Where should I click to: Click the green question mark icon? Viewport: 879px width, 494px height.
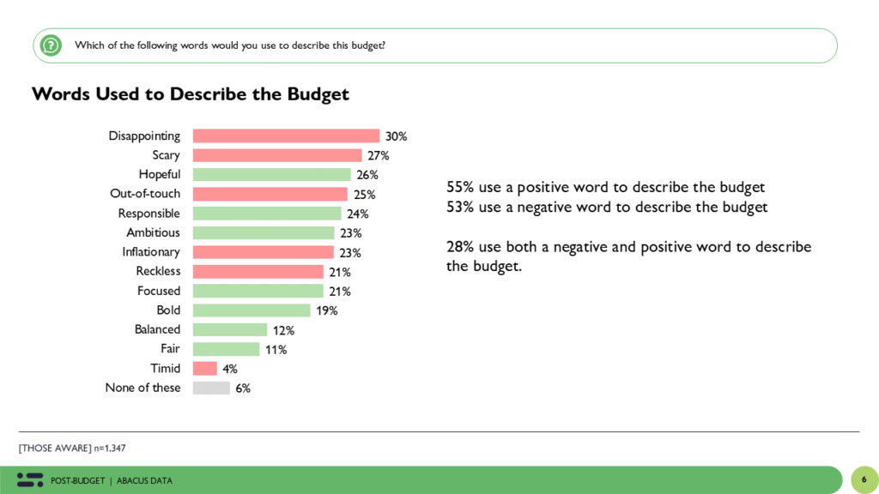51,45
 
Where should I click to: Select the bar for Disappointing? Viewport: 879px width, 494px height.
286,136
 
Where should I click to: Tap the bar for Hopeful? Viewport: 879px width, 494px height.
272,174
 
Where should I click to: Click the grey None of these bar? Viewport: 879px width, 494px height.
211,388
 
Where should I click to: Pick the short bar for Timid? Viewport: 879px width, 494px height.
204,368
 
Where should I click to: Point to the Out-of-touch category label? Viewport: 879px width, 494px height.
145,194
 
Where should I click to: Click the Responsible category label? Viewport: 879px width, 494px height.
149,214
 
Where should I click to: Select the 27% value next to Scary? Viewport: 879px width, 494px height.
379,155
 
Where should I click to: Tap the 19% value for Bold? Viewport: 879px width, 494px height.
327,310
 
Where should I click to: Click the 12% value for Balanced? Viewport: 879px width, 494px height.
284,330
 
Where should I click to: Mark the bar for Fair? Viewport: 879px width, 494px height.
226,349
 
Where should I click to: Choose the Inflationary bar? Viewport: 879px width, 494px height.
263,252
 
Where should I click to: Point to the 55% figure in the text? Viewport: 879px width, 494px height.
460,187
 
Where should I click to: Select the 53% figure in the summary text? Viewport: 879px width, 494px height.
460,207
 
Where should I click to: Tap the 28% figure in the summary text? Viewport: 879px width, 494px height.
460,247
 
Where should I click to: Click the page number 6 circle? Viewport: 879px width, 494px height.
864,479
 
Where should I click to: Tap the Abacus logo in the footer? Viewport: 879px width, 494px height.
30,479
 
